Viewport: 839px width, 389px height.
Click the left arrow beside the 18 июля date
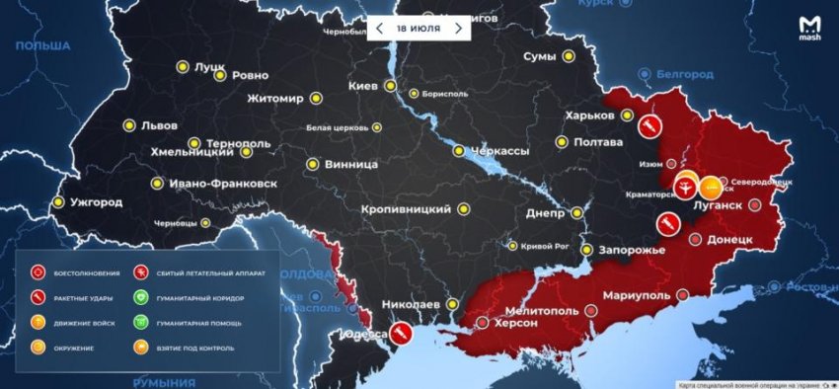[379, 29]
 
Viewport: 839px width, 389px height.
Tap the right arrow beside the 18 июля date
[458, 29]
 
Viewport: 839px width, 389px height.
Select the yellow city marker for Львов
[128, 125]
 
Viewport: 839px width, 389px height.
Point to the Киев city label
[363, 87]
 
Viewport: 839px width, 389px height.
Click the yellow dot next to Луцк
[182, 67]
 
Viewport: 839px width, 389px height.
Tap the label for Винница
[351, 164]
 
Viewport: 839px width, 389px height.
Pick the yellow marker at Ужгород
[58, 202]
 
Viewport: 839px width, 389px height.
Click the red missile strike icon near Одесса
[401, 334]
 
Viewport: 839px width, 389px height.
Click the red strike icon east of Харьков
[650, 125]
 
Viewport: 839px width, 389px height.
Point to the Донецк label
[730, 240]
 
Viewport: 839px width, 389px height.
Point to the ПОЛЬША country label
[41, 46]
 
